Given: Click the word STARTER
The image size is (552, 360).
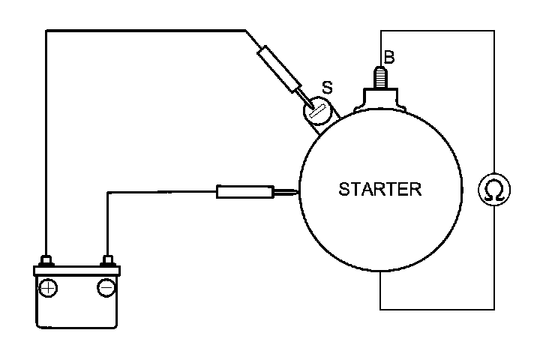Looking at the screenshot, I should pos(380,188).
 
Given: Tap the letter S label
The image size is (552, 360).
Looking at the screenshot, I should pos(327,87).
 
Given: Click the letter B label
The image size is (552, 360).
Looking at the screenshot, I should pos(388,56).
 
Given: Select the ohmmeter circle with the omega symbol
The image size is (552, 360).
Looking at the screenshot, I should pos(494,190).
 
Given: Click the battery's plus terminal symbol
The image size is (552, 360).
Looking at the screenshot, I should pos(49,287).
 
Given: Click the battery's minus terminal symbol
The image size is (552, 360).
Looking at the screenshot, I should pos(106,287).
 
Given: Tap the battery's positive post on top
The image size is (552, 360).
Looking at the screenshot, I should pos(46,260).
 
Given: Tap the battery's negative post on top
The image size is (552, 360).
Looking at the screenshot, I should pos(107,260).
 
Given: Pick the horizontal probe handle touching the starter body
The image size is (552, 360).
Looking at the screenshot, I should pos(244,192).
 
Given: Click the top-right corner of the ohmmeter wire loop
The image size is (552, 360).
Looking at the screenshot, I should pos(494,31).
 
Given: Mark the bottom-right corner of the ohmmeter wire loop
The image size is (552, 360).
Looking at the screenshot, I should pos(494,308).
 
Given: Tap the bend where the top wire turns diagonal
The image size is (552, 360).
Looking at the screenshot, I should pos(246,31).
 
